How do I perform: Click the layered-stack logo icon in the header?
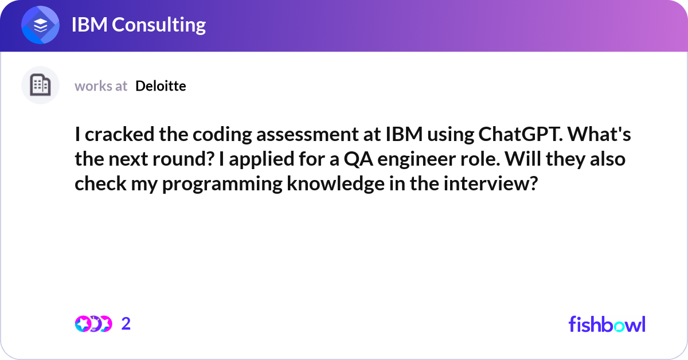(x=40, y=25)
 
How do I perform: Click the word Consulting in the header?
(x=159, y=25)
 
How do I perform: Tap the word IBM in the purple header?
(x=89, y=25)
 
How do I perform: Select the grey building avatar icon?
(x=40, y=85)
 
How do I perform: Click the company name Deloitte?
(x=161, y=85)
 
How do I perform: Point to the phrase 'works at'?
(x=101, y=86)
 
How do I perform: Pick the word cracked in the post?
(x=119, y=134)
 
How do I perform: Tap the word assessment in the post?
(x=307, y=135)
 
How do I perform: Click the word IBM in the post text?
(x=404, y=134)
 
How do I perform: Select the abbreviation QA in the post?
(x=358, y=159)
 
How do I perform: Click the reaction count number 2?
(x=126, y=323)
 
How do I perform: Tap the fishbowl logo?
(x=607, y=324)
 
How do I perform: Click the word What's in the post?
(x=599, y=134)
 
